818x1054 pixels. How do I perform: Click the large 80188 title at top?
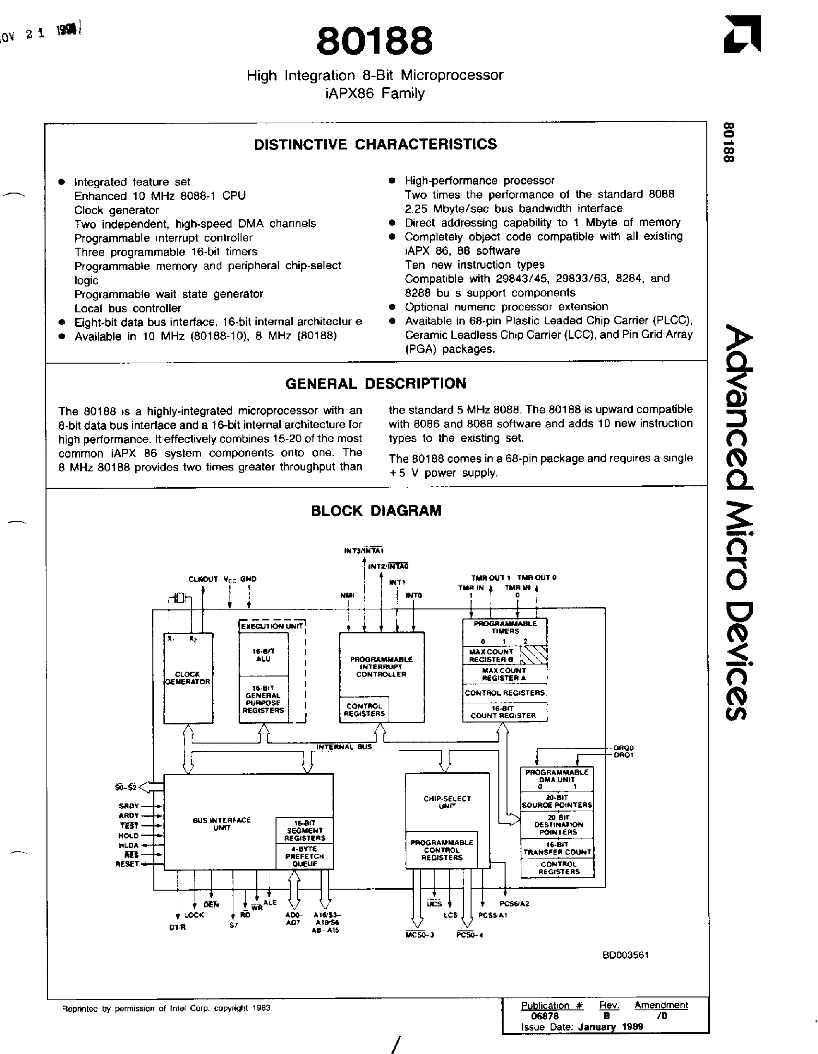pyautogui.click(x=374, y=41)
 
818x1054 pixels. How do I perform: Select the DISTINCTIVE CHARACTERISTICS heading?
pyautogui.click(x=375, y=144)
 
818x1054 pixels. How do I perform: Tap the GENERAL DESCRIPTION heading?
pyautogui.click(x=376, y=384)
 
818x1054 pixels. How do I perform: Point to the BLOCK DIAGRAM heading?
pyautogui.click(x=376, y=511)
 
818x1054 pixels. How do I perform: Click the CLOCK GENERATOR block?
pyautogui.click(x=188, y=678)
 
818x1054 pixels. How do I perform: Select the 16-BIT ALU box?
pyautogui.click(x=264, y=655)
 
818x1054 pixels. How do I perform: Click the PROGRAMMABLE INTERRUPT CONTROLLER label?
pyautogui.click(x=381, y=666)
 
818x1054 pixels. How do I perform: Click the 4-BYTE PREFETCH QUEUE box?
pyautogui.click(x=304, y=856)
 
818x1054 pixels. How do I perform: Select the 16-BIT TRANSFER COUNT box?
pyautogui.click(x=557, y=848)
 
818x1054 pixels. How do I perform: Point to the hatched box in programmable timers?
pyautogui.click(x=534, y=655)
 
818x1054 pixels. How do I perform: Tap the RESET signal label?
pyautogui.click(x=127, y=864)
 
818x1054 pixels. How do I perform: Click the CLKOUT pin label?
pyautogui.click(x=203, y=579)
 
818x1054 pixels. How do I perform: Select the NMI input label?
pyautogui.click(x=347, y=596)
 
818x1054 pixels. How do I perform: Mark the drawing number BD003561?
pyautogui.click(x=625, y=955)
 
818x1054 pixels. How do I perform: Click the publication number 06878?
pyautogui.click(x=544, y=1016)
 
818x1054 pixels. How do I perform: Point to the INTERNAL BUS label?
pyautogui.click(x=344, y=746)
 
